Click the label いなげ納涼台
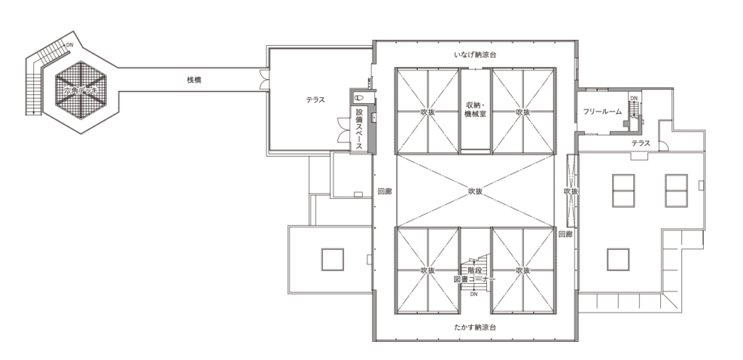pyautogui.click(x=475, y=55)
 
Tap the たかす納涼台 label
pyautogui.click(x=475, y=327)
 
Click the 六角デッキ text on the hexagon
pyautogui.click(x=81, y=90)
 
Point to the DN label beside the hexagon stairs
pyautogui.click(x=70, y=45)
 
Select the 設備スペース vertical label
pyautogui.click(x=358, y=129)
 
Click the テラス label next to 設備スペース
pyautogui.click(x=315, y=101)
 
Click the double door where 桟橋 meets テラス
pyautogui.click(x=264, y=74)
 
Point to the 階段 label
pyautogui.click(x=475, y=270)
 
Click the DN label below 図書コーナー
pyautogui.click(x=474, y=295)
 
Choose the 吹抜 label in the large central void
pyautogui.click(x=475, y=192)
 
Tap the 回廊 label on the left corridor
pyautogui.click(x=384, y=192)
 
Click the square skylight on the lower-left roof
pyautogui.click(x=332, y=258)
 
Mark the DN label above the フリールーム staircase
pyautogui.click(x=633, y=98)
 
